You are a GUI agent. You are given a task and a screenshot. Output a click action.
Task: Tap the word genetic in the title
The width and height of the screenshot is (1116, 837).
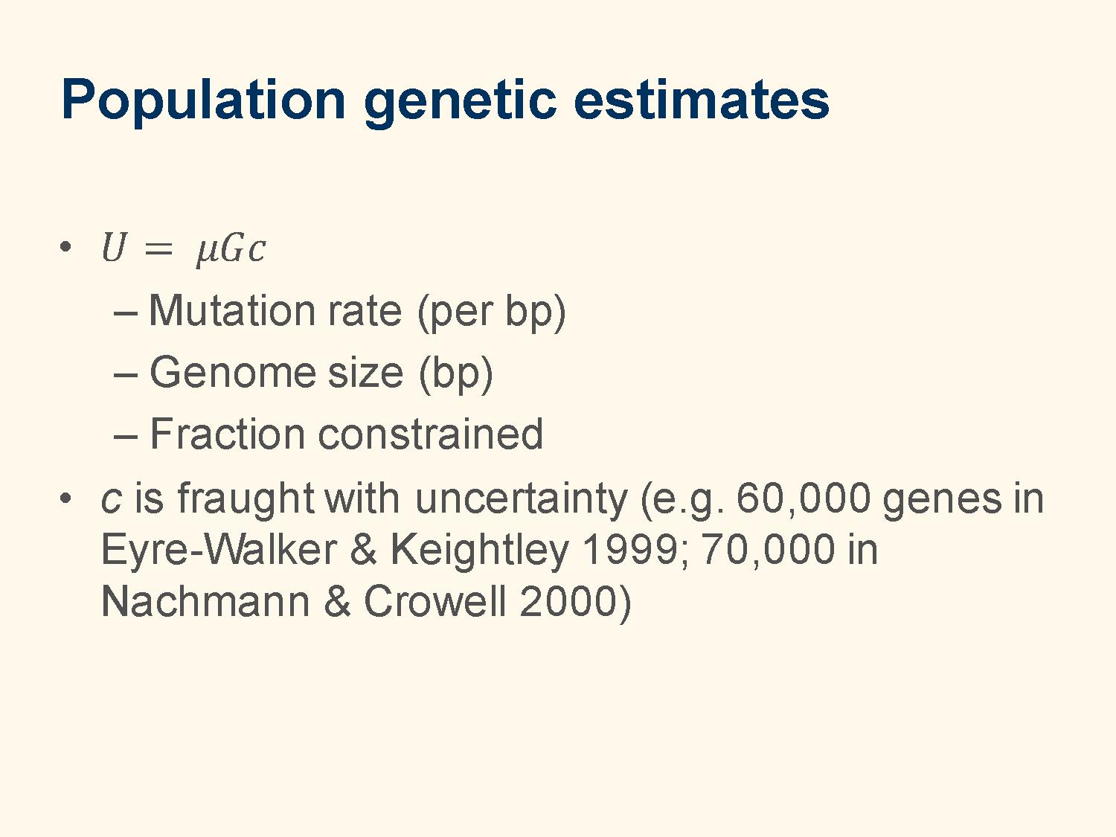click(460, 103)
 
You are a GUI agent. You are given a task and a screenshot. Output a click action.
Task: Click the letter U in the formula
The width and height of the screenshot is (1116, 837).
click(113, 248)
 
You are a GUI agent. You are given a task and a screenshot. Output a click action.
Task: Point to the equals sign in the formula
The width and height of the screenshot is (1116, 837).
click(158, 249)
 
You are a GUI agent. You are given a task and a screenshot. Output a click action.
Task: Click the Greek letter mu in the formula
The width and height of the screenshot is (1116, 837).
click(207, 252)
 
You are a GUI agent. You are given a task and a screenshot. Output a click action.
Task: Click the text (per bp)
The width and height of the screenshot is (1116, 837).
click(491, 312)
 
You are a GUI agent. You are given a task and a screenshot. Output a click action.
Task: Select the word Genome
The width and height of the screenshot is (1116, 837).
click(232, 373)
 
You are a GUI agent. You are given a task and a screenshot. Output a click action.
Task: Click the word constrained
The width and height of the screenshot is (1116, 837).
click(431, 434)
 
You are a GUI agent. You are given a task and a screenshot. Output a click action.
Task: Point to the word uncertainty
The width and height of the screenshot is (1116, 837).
click(521, 500)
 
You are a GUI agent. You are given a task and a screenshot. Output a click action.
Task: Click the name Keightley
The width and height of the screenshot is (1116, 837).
click(479, 552)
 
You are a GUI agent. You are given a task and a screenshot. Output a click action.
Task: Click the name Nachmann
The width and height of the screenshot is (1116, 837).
click(205, 600)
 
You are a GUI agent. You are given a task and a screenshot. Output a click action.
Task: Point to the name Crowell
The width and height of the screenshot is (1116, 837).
click(435, 600)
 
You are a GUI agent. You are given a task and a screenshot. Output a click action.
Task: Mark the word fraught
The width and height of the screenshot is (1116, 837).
click(245, 500)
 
